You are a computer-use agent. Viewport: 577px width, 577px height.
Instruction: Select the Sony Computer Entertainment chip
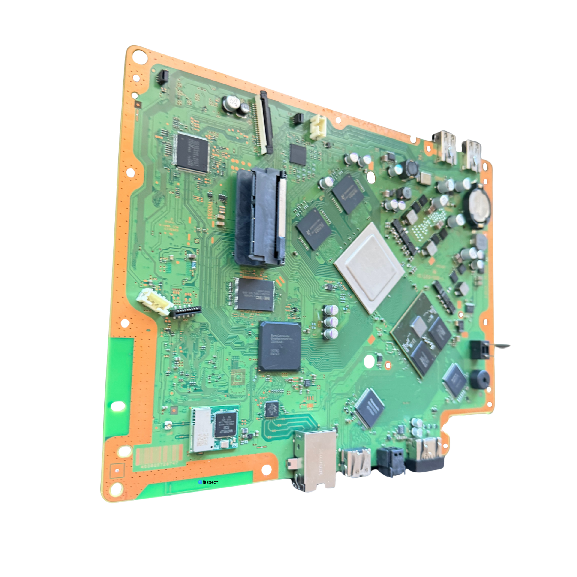click(279, 346)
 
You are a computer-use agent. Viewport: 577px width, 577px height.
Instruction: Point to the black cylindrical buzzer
click(480, 379)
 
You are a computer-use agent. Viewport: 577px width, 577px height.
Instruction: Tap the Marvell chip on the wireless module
click(226, 424)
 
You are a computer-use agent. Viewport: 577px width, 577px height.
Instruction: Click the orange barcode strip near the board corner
click(159, 455)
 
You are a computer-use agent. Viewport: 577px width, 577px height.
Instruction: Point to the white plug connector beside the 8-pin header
click(154, 302)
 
